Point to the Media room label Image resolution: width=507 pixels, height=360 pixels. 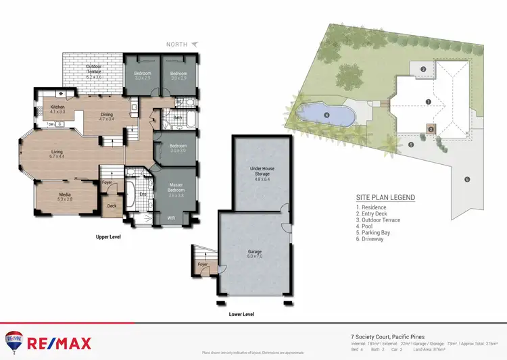coord(65,197)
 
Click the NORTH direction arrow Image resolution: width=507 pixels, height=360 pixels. coord(195,44)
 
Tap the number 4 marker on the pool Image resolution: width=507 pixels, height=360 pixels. coord(327,115)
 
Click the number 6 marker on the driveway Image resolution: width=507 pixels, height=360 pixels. coord(466,179)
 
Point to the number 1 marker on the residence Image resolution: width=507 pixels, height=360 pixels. coord(428,101)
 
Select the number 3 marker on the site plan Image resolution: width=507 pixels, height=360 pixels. coord(422,69)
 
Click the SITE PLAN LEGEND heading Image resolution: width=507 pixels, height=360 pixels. coord(385,197)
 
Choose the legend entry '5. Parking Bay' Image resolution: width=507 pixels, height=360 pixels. coord(374,232)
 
